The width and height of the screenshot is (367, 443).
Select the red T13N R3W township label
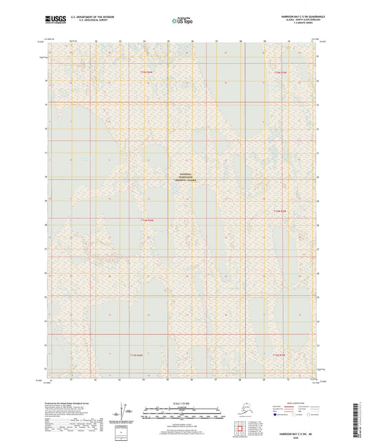(277, 356)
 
